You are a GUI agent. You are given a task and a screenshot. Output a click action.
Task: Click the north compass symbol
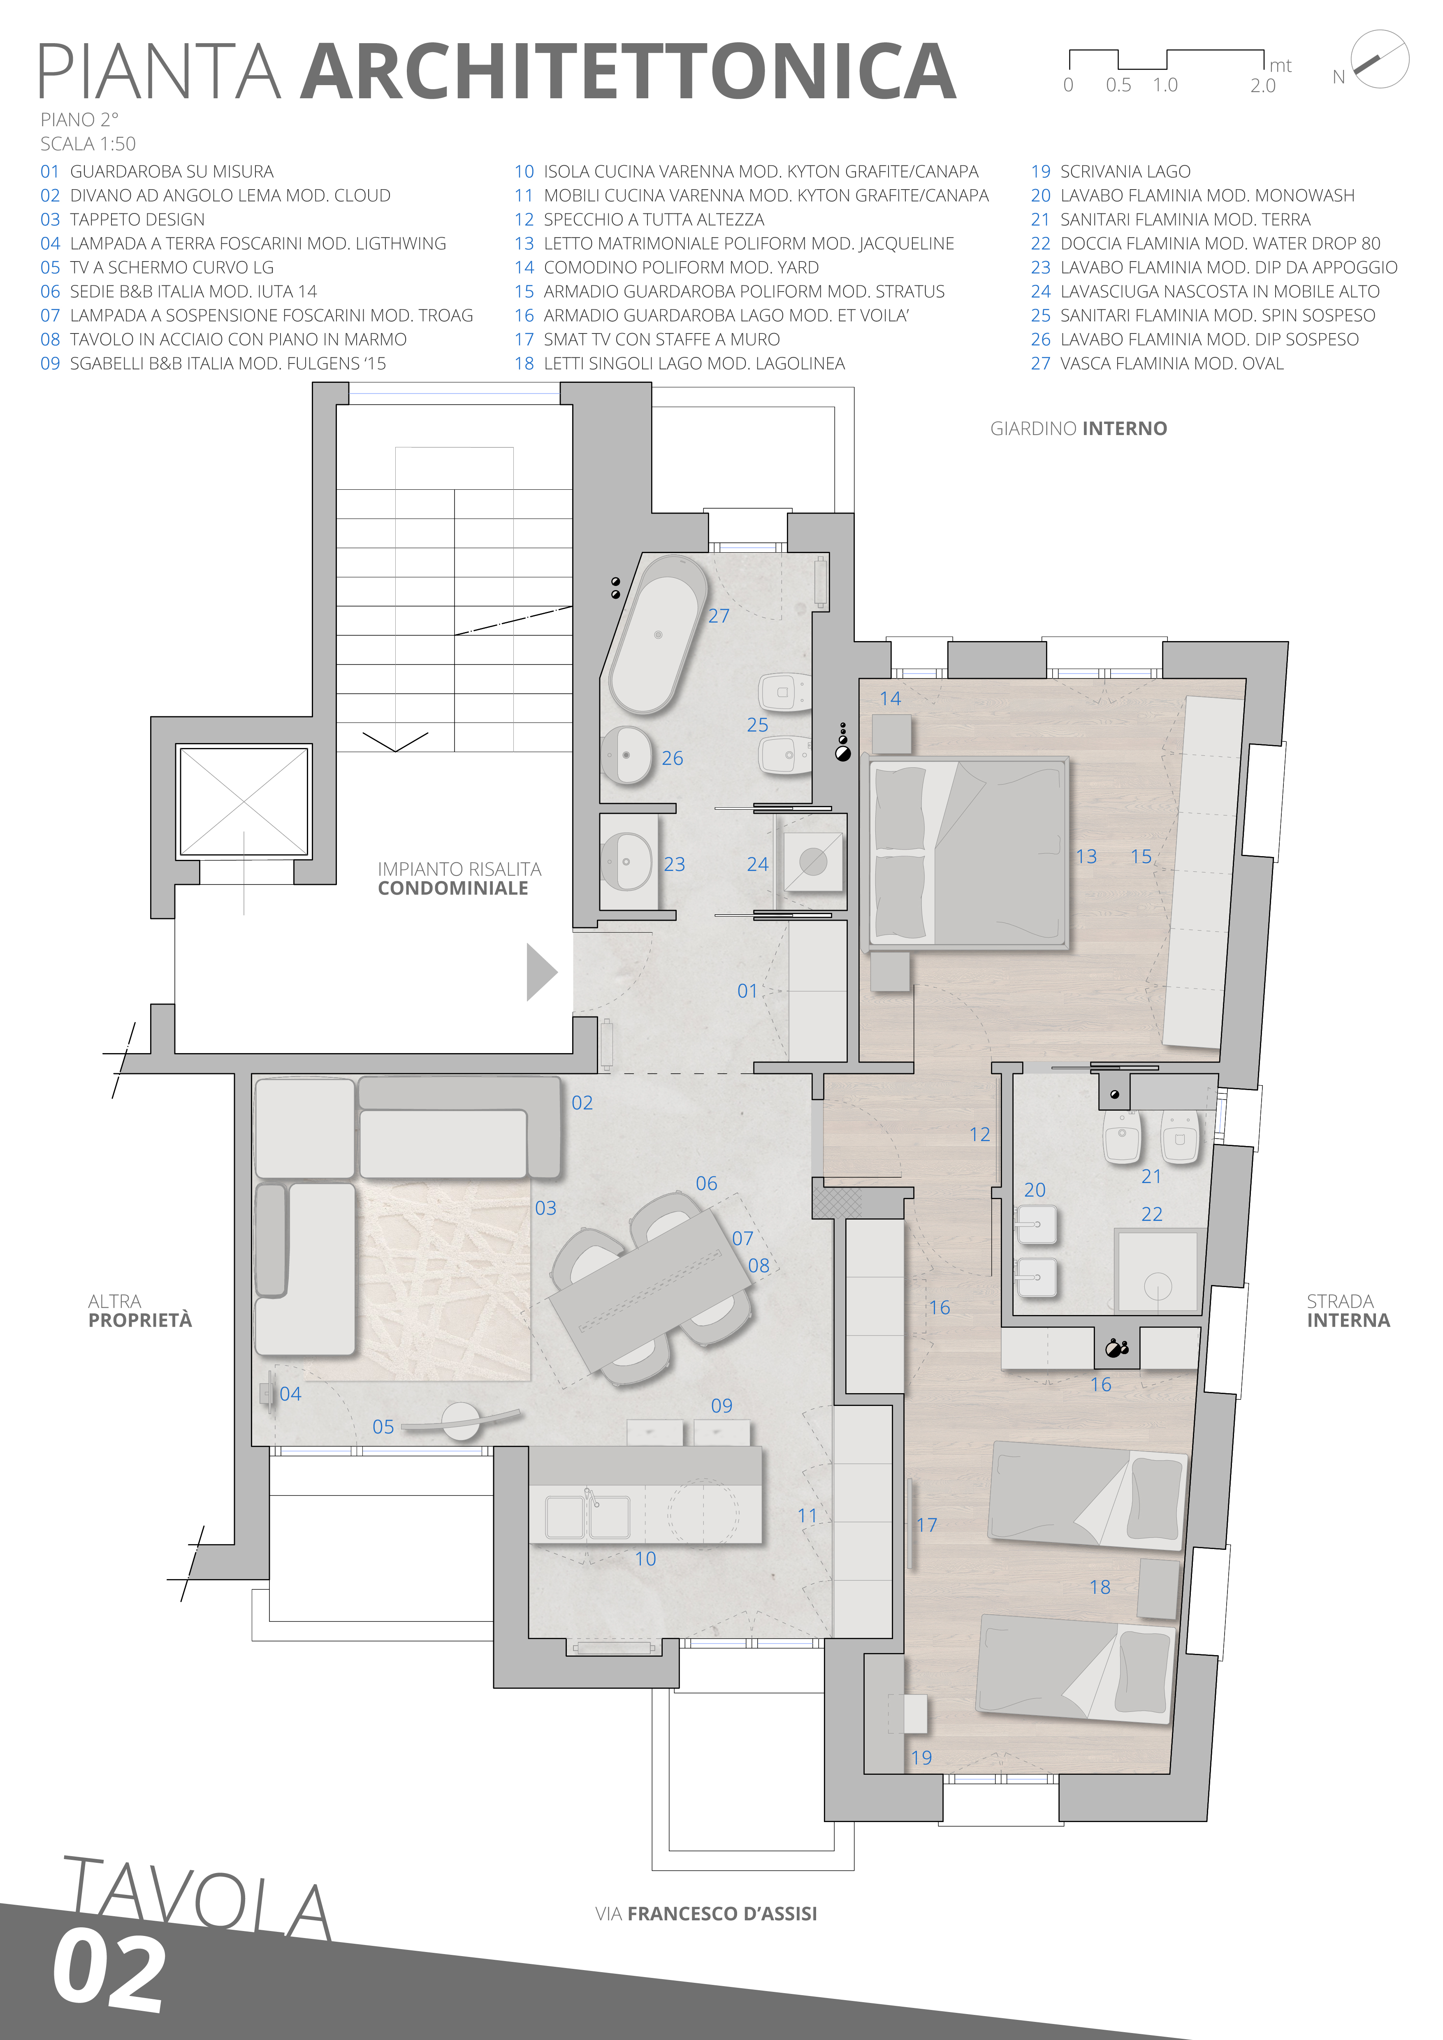coord(1380,59)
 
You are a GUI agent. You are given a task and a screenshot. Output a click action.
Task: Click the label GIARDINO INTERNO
coord(1079,428)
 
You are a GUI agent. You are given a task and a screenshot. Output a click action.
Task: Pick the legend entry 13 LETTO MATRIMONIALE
coord(734,243)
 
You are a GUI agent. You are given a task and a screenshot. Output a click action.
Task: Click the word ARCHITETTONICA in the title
coord(628,71)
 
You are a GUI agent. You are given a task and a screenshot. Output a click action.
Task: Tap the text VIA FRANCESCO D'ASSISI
coord(706,1914)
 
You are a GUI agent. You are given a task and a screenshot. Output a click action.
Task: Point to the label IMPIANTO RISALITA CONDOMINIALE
coord(459,878)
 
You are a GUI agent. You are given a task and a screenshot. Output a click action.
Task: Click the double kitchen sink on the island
coord(587,1517)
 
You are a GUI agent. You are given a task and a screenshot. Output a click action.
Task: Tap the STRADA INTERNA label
coord(1348,1311)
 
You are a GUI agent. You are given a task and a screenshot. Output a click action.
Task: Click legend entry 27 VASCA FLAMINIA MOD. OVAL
coord(1157,364)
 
